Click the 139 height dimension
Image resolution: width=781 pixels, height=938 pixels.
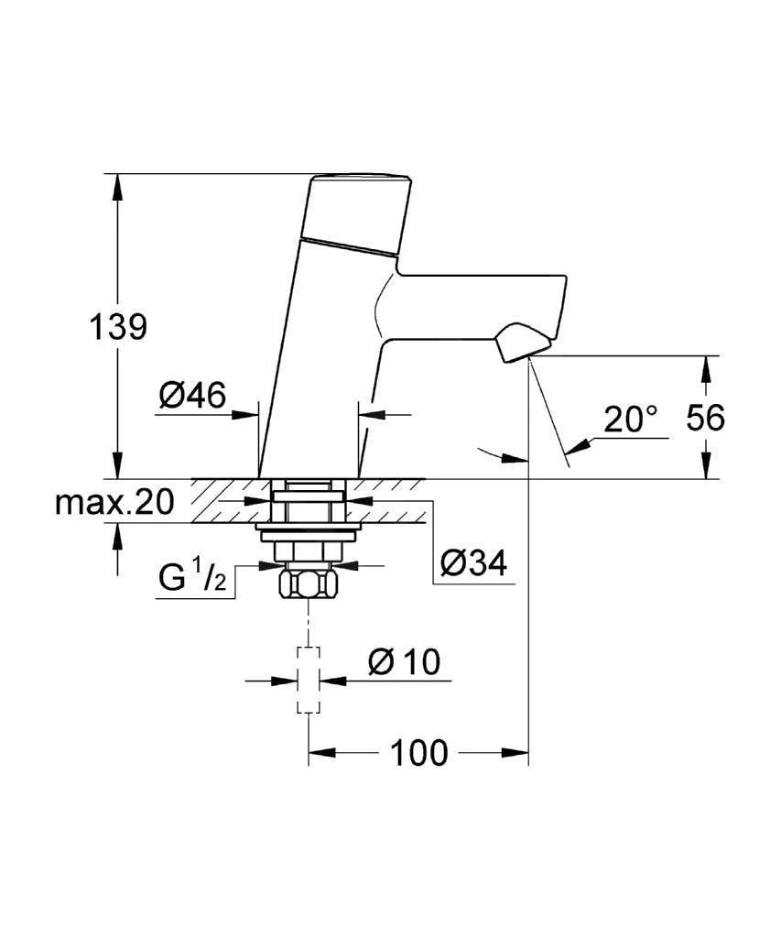(117, 326)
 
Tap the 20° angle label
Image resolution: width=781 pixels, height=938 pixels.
(631, 420)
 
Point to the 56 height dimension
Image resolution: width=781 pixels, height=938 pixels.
(706, 418)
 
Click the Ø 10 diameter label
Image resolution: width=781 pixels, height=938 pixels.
(404, 661)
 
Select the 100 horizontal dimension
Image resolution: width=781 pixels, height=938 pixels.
(419, 753)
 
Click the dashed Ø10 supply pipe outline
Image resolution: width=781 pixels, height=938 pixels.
(308, 680)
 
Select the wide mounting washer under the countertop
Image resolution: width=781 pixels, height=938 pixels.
(307, 532)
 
